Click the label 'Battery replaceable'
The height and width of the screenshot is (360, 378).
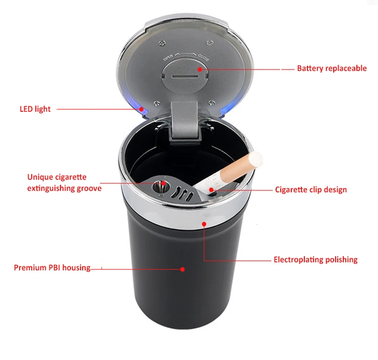tap(332, 68)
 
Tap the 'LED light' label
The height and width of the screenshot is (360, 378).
tap(35, 109)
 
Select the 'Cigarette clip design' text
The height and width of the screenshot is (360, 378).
tap(310, 190)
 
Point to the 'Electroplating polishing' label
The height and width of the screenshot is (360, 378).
tap(316, 260)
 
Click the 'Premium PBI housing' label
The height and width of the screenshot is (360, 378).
tap(52, 268)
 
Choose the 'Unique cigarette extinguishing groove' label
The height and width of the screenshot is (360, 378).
tap(64, 183)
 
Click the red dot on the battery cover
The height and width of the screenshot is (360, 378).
tap(200, 70)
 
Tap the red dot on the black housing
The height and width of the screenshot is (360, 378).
tap(182, 269)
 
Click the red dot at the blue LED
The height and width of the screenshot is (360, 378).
tap(143, 108)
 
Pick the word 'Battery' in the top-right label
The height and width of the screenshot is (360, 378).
tap(310, 68)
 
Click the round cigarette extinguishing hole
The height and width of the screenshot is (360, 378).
tap(160, 186)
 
